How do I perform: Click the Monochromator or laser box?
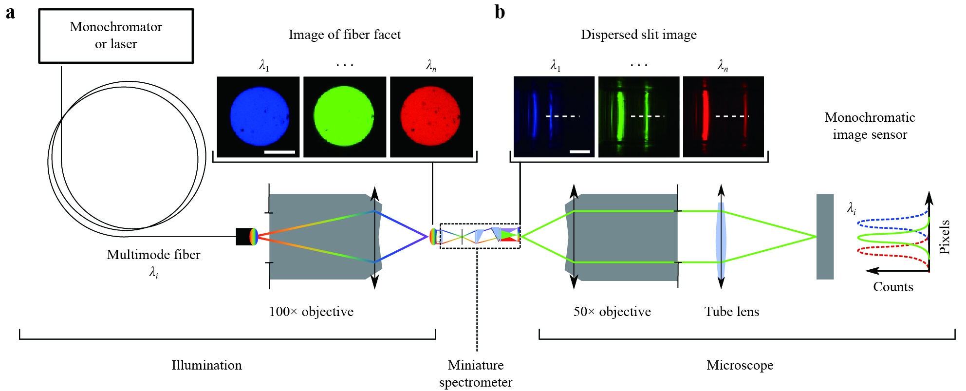click(x=116, y=36)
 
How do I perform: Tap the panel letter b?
click(x=500, y=12)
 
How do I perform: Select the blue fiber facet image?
click(x=258, y=117)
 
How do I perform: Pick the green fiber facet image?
click(x=345, y=117)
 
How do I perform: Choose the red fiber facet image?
click(x=431, y=117)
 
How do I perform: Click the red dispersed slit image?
click(x=724, y=117)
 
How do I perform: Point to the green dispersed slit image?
click(x=639, y=117)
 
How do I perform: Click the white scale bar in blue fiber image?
click(x=279, y=152)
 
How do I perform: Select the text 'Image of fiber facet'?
click(x=345, y=35)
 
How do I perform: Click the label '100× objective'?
click(x=312, y=312)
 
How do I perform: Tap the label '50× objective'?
click(x=612, y=312)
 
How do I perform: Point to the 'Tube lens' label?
click(x=732, y=312)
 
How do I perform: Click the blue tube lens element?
click(x=721, y=237)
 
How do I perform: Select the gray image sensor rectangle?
click(x=825, y=237)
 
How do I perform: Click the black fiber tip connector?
click(x=244, y=237)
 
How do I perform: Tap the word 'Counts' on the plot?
click(x=893, y=287)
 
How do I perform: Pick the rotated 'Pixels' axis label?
click(x=945, y=237)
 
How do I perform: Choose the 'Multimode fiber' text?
click(x=153, y=255)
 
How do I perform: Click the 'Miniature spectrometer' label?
click(x=476, y=373)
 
